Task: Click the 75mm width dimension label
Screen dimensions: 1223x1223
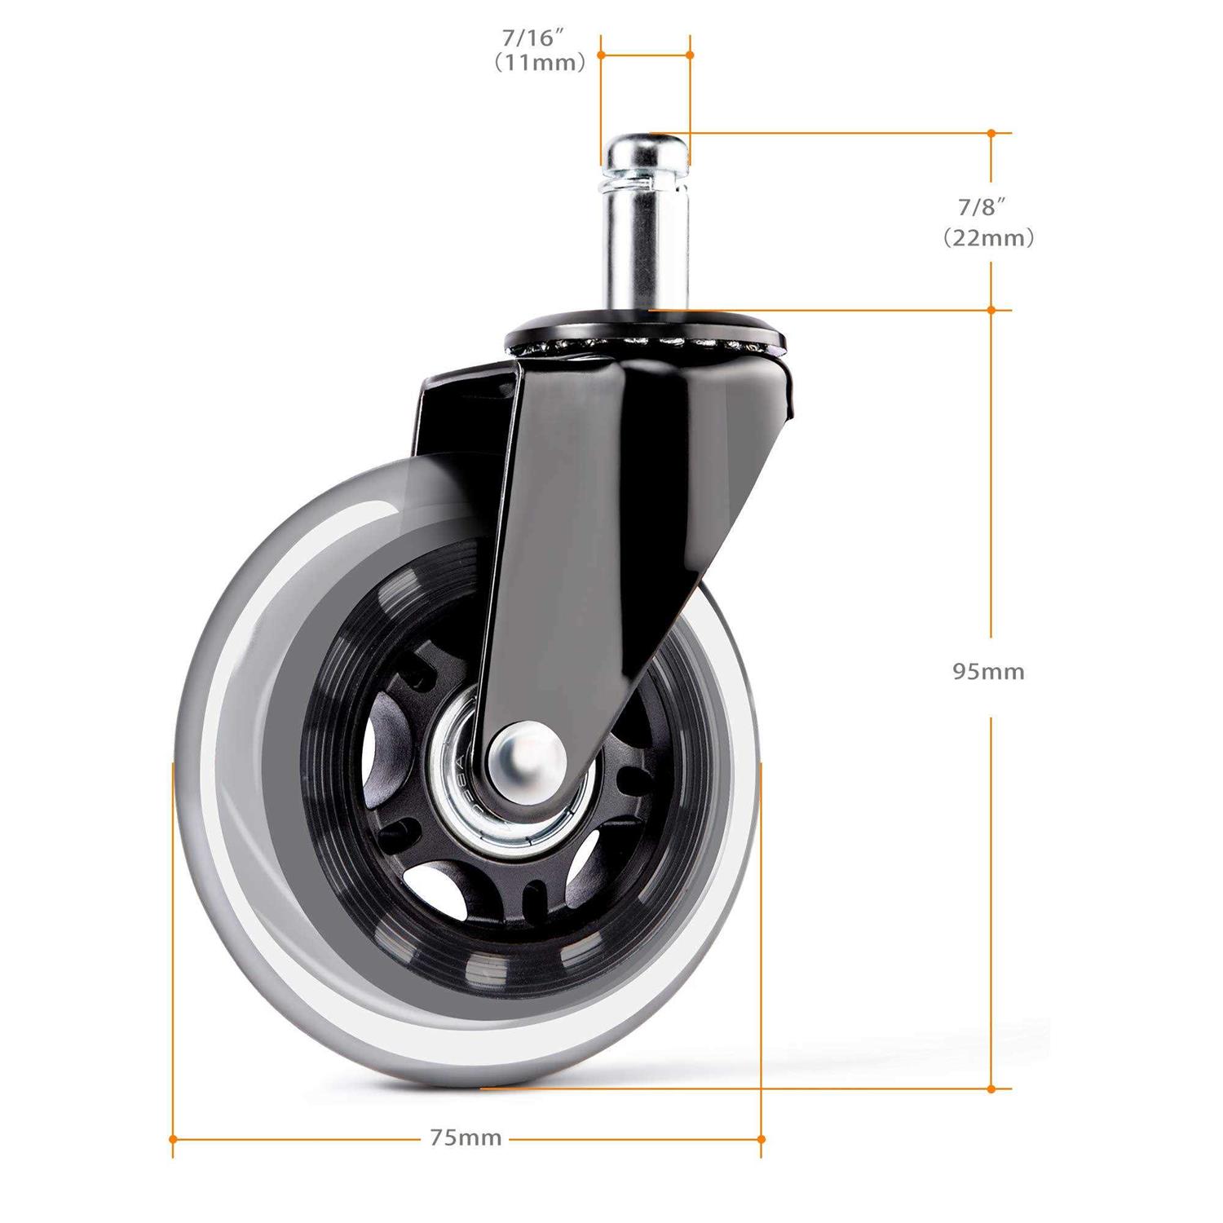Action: point(466,1138)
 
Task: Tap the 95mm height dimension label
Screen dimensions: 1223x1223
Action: point(988,672)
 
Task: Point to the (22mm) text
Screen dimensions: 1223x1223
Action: point(988,238)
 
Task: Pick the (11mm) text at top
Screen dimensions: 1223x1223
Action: point(540,64)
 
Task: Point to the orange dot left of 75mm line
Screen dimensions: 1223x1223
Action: point(173,1138)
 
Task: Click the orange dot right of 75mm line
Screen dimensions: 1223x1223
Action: point(761,1138)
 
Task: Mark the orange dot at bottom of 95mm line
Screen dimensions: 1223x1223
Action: point(991,1088)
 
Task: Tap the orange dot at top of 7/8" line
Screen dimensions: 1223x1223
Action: point(991,133)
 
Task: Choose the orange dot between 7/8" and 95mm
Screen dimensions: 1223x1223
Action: point(991,310)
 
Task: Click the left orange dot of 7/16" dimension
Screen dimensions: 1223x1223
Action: point(601,55)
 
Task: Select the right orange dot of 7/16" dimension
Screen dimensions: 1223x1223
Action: point(690,55)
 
